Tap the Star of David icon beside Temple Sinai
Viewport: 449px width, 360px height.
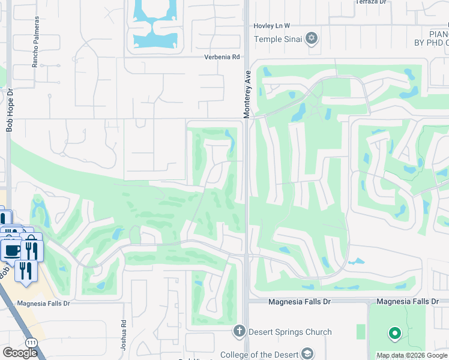point(311,40)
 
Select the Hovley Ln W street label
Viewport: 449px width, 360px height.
point(271,26)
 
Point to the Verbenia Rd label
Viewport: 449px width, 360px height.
point(222,57)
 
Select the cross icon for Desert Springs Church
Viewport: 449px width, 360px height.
point(239,331)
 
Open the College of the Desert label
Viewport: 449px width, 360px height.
point(259,355)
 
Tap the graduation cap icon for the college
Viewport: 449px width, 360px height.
point(308,354)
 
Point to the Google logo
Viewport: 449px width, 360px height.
point(20,353)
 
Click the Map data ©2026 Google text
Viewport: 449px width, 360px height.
point(412,355)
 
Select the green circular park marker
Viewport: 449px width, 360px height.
point(394,332)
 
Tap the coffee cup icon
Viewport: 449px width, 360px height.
point(11,250)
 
